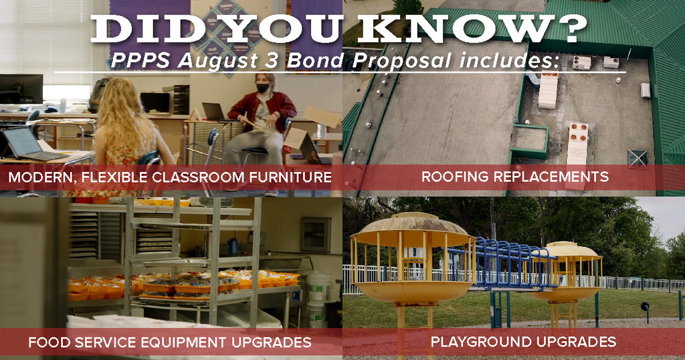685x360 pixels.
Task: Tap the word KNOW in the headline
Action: [456, 30]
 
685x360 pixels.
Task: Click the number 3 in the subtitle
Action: [272, 61]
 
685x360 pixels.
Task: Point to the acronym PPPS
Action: [140, 61]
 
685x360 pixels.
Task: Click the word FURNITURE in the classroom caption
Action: [290, 177]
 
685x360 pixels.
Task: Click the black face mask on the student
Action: [262, 88]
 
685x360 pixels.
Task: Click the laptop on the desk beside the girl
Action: [32, 145]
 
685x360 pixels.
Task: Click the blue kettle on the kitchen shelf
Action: [233, 246]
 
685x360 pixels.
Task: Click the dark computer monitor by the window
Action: [21, 89]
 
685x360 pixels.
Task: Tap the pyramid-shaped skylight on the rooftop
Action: [637, 159]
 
